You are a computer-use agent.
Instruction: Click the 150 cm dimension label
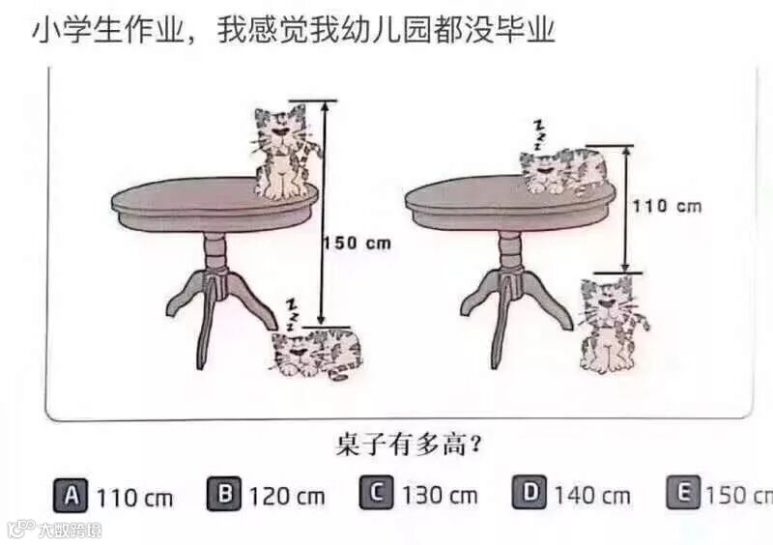[x=357, y=244]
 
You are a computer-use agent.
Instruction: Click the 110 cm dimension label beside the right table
[x=667, y=206]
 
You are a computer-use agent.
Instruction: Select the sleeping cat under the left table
[x=317, y=354]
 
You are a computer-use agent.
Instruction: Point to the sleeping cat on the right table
[x=563, y=171]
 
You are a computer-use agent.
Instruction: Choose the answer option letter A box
[x=71, y=495]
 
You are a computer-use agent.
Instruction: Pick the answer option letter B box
[x=224, y=493]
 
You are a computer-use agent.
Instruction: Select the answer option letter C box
[x=377, y=492]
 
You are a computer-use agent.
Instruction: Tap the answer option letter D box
[x=530, y=492]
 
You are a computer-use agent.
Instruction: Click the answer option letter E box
[x=683, y=492]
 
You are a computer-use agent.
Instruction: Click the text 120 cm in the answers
[x=287, y=496]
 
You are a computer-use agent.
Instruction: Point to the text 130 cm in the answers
[x=440, y=495]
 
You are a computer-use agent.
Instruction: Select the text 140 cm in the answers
[x=592, y=495]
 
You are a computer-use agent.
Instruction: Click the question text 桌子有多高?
[x=409, y=445]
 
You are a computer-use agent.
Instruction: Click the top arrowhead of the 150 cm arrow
[x=325, y=105]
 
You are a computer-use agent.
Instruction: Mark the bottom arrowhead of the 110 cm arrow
[x=625, y=267]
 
